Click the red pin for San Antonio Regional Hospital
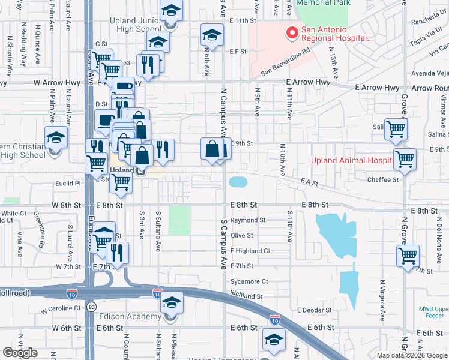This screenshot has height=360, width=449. tap(292, 32)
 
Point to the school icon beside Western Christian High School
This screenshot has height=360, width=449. tap(56, 139)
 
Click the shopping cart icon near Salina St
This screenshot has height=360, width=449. tap(396, 129)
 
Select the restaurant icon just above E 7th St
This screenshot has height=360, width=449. tap(116, 252)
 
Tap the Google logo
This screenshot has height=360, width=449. tap(20, 353)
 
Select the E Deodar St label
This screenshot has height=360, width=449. tap(315, 310)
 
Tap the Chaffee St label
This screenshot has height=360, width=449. tap(383, 179)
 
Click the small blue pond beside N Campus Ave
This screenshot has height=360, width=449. tap(238, 181)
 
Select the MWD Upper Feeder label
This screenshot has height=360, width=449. tap(433, 313)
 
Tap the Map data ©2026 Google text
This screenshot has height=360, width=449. tap(412, 355)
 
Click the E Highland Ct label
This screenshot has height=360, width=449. tap(250, 251)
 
